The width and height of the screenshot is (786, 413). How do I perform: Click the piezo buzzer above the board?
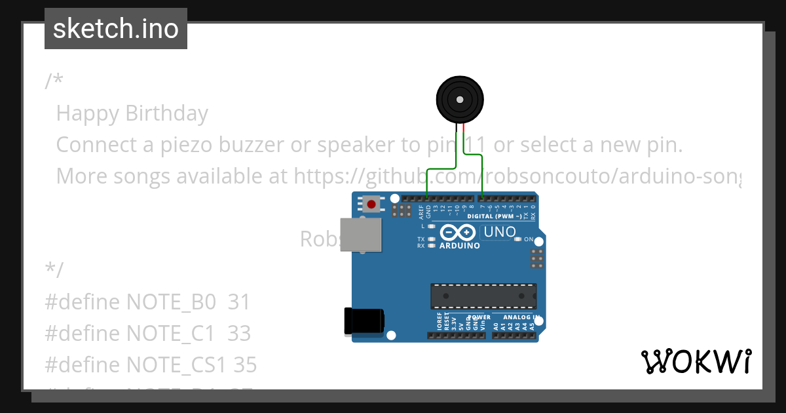460,100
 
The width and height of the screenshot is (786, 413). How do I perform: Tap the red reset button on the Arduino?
372,204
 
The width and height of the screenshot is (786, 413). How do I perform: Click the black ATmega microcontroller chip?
483,296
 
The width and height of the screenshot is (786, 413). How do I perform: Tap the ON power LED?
517,239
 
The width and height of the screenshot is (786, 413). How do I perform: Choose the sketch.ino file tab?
116,29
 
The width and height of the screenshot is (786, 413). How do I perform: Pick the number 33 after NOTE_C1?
239,334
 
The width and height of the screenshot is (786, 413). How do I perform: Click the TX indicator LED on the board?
431,239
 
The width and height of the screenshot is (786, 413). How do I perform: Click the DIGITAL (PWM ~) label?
495,216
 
